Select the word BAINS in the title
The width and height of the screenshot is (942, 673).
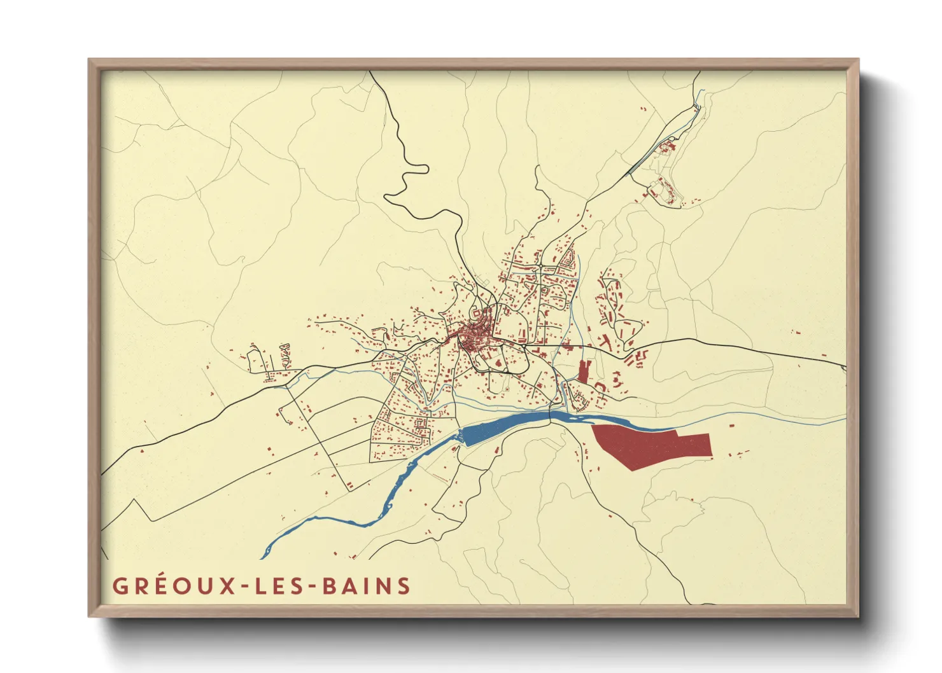coord(367,586)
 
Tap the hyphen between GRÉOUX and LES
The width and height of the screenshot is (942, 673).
coord(245,586)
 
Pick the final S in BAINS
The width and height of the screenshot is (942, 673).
coord(404,586)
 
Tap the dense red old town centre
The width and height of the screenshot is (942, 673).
coord(474,334)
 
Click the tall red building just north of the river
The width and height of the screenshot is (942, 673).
coord(584,371)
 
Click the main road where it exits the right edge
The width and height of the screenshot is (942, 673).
coord(844,366)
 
